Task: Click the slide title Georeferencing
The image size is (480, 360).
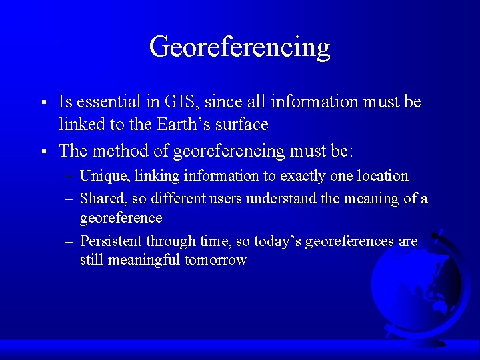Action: pos(240,47)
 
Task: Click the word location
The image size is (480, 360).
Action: pos(383,176)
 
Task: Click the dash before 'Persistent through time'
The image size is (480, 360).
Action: pos(70,241)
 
